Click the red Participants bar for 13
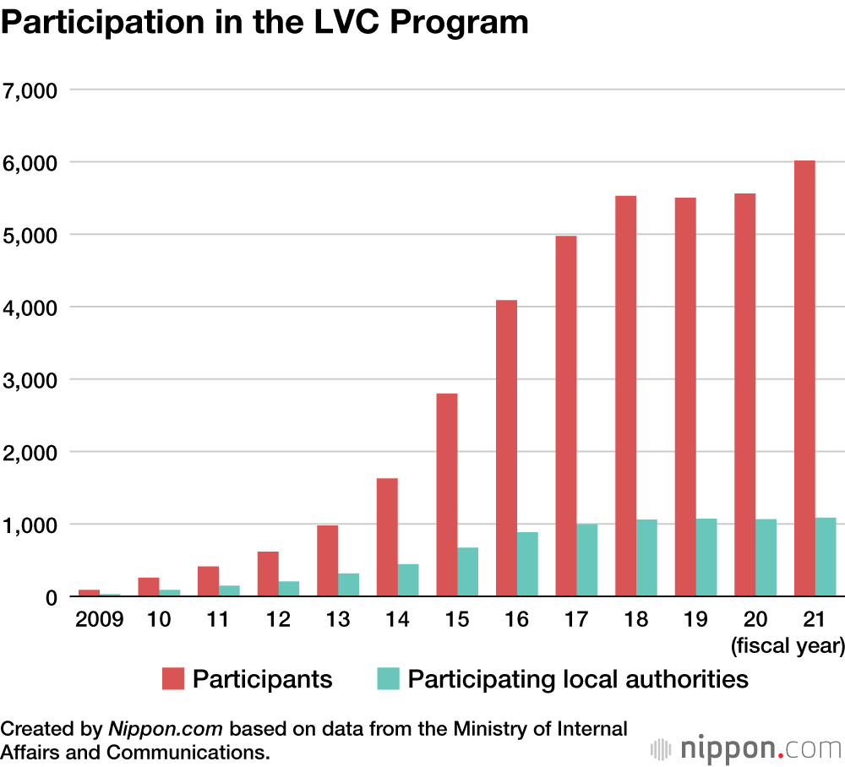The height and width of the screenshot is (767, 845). coord(327,561)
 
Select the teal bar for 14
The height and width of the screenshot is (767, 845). coord(408,580)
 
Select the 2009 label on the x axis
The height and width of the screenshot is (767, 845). coord(99,620)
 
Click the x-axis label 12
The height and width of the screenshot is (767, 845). coord(277,620)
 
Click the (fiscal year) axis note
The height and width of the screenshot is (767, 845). coord(788,647)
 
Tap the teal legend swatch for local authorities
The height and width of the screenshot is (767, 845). coord(388,678)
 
